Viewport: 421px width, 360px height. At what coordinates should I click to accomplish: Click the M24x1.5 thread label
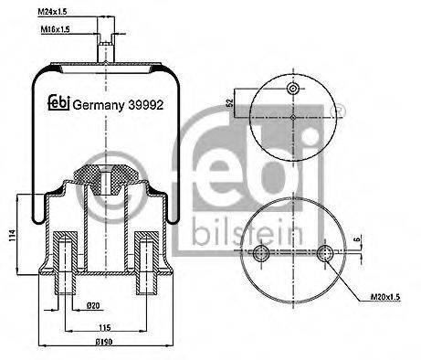[x=79, y=11]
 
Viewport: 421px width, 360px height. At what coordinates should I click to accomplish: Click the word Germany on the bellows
[x=97, y=102]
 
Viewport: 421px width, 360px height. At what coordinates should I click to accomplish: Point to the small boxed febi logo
[x=57, y=102]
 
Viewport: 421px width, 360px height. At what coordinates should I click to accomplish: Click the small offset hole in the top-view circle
[x=291, y=89]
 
